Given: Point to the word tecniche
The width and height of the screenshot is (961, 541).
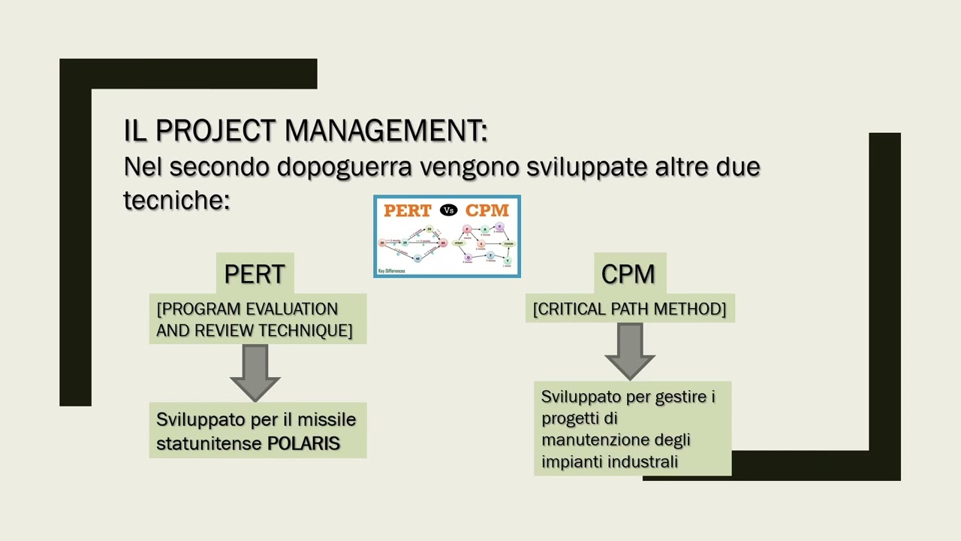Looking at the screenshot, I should tap(176, 200).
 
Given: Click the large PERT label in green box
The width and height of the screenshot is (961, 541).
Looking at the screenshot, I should tap(255, 274).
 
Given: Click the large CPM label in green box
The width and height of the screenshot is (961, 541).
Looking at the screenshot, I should tap(628, 274).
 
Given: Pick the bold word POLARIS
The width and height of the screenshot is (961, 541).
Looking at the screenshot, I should tap(304, 443).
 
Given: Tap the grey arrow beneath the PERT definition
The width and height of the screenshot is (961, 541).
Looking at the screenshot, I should tap(255, 372).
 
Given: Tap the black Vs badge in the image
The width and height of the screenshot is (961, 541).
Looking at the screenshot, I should tap(448, 210).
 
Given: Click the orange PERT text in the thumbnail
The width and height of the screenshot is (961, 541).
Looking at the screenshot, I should tap(408, 210).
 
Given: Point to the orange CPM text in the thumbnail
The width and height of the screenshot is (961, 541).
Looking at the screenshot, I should tap(487, 210).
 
